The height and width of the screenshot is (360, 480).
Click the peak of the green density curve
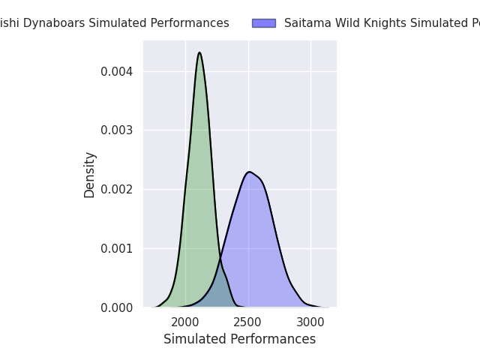click(199, 52)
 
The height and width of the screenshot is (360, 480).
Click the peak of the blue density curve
click(249, 172)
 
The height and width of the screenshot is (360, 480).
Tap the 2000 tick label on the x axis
click(185, 322)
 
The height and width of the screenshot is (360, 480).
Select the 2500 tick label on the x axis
click(248, 322)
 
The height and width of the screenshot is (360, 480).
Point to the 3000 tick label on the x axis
click(311, 322)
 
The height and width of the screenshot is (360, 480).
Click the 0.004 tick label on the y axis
click(117, 72)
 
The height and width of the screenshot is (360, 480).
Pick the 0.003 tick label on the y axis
click(117, 130)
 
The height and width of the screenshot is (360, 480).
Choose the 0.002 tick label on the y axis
click(117, 190)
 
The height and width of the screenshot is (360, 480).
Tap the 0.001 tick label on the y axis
click(117, 248)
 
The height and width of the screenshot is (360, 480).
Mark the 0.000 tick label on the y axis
click(117, 307)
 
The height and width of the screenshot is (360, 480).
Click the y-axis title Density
click(90, 175)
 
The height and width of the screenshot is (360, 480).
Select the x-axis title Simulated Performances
click(239, 339)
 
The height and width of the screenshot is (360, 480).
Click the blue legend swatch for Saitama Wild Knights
click(264, 23)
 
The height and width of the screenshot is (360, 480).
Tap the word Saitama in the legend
click(306, 23)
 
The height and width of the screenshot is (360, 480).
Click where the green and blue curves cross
click(220, 259)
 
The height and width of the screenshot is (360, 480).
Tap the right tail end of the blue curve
click(327, 307)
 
